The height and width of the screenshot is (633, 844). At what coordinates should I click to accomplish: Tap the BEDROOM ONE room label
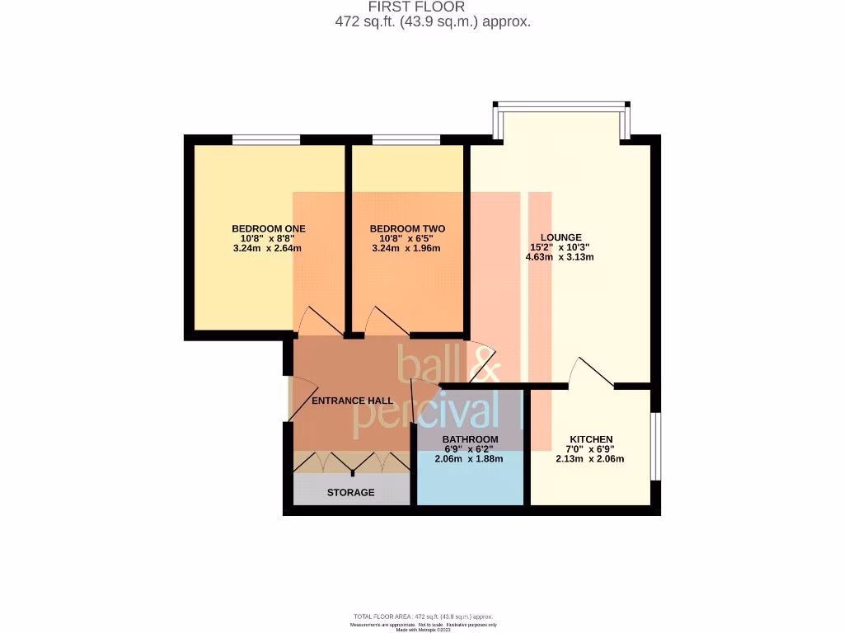pos(269,228)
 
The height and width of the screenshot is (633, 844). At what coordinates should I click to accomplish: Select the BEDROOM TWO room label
pos(407,228)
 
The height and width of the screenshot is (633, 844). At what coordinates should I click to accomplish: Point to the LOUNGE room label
pos(560,237)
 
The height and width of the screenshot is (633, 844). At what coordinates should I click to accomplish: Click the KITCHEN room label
pos(591,439)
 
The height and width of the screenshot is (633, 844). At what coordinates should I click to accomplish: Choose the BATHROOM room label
pos(470,438)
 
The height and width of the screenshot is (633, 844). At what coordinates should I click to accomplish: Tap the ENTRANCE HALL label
pos(352,401)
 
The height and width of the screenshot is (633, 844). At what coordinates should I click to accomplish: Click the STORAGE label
pos(350,492)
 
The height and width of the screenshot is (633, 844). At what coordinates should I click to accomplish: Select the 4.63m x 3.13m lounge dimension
pos(560,256)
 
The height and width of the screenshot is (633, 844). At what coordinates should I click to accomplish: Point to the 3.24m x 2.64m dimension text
pos(269,248)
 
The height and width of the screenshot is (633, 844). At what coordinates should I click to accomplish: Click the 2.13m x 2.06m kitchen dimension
pos(590,459)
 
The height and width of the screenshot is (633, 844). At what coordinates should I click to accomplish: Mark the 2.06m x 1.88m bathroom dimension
pos(469,459)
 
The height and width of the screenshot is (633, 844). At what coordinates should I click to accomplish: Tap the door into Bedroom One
pos(316,322)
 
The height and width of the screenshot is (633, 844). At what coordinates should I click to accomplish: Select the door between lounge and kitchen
pos(593,373)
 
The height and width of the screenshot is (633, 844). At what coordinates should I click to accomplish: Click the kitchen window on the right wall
pos(655,446)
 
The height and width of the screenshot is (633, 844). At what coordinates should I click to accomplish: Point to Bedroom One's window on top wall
pos(266,139)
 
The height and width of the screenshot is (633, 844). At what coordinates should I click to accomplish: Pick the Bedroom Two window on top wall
pos(406,139)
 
